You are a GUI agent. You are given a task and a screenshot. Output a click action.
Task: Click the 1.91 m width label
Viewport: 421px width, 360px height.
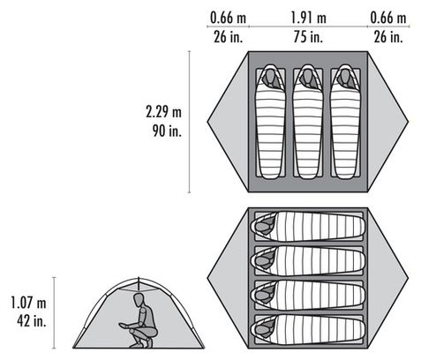coord(308,18)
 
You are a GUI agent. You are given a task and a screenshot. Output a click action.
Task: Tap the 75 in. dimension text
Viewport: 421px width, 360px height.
coord(308,37)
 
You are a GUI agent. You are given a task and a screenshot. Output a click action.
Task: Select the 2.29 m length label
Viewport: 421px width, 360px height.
coord(163,112)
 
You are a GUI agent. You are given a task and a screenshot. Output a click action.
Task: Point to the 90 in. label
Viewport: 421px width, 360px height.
coord(167,131)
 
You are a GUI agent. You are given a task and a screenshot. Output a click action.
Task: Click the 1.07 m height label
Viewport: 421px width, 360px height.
coord(28,303)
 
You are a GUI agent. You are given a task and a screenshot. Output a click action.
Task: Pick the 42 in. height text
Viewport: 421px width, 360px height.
coord(32,321)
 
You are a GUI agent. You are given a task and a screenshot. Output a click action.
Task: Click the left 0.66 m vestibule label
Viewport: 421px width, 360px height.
coord(228,18)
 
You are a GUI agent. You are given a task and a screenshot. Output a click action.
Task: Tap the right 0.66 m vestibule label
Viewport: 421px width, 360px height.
coord(388,18)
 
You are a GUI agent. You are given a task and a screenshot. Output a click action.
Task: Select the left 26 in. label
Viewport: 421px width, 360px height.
coord(229,37)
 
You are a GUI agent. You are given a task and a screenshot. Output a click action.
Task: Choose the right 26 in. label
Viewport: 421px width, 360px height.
coord(388,37)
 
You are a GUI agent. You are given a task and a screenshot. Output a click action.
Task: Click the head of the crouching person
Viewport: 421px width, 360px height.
coord(139,300)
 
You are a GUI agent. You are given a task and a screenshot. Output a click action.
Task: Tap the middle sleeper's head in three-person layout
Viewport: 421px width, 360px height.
coord(308,77)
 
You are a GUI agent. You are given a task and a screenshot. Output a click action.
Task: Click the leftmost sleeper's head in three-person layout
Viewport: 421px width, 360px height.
coord(270,77)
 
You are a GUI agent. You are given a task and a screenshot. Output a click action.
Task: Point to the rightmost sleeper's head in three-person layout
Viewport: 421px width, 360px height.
coord(345,77)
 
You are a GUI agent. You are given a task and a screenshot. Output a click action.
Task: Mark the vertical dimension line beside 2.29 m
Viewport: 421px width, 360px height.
coord(189,122)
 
